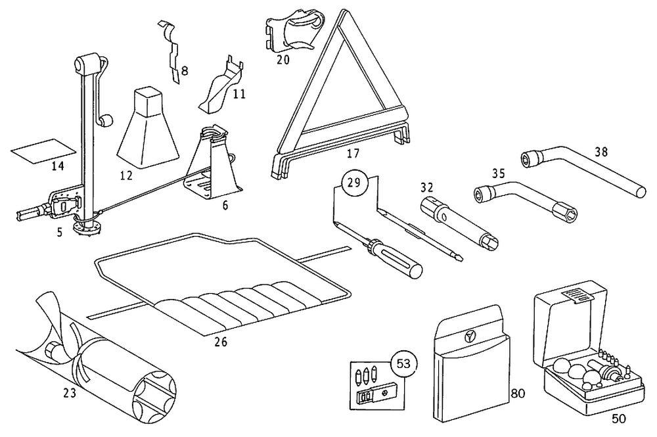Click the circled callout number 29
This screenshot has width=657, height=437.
(x=353, y=183)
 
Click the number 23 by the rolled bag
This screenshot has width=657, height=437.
(x=69, y=394)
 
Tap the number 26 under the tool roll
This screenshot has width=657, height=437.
(x=221, y=341)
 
